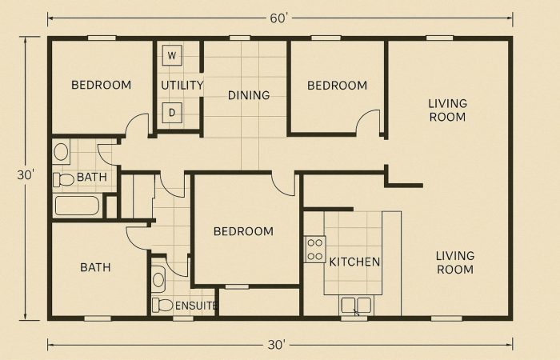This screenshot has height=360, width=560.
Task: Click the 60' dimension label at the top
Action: (x=278, y=18)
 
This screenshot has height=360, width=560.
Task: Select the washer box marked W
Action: (x=172, y=55)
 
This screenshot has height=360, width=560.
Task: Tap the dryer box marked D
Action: (x=172, y=113)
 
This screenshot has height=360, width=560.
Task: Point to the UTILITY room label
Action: (x=182, y=86)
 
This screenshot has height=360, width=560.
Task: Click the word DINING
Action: (x=249, y=95)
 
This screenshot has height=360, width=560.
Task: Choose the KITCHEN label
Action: (x=354, y=262)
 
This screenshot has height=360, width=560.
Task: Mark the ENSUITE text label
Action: (x=196, y=306)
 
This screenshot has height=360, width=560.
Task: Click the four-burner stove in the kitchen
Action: (x=315, y=250)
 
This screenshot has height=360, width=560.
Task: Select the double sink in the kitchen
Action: (x=356, y=306)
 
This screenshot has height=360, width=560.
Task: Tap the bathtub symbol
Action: (x=77, y=206)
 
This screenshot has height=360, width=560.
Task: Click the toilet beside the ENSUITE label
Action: (x=162, y=305)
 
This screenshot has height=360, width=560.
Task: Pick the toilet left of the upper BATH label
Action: (x=63, y=179)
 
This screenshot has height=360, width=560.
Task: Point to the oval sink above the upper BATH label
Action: (x=61, y=152)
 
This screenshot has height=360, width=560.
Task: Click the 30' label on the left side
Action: (x=26, y=175)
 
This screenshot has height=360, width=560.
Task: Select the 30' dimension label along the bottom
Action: (x=277, y=345)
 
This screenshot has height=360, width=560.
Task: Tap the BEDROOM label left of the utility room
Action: (x=102, y=85)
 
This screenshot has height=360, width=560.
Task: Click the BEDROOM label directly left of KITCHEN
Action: (x=243, y=231)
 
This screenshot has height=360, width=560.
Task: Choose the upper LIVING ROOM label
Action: (x=448, y=110)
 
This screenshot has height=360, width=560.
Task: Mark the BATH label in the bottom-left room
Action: (x=95, y=267)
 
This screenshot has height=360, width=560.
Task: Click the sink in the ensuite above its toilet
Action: (x=158, y=279)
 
